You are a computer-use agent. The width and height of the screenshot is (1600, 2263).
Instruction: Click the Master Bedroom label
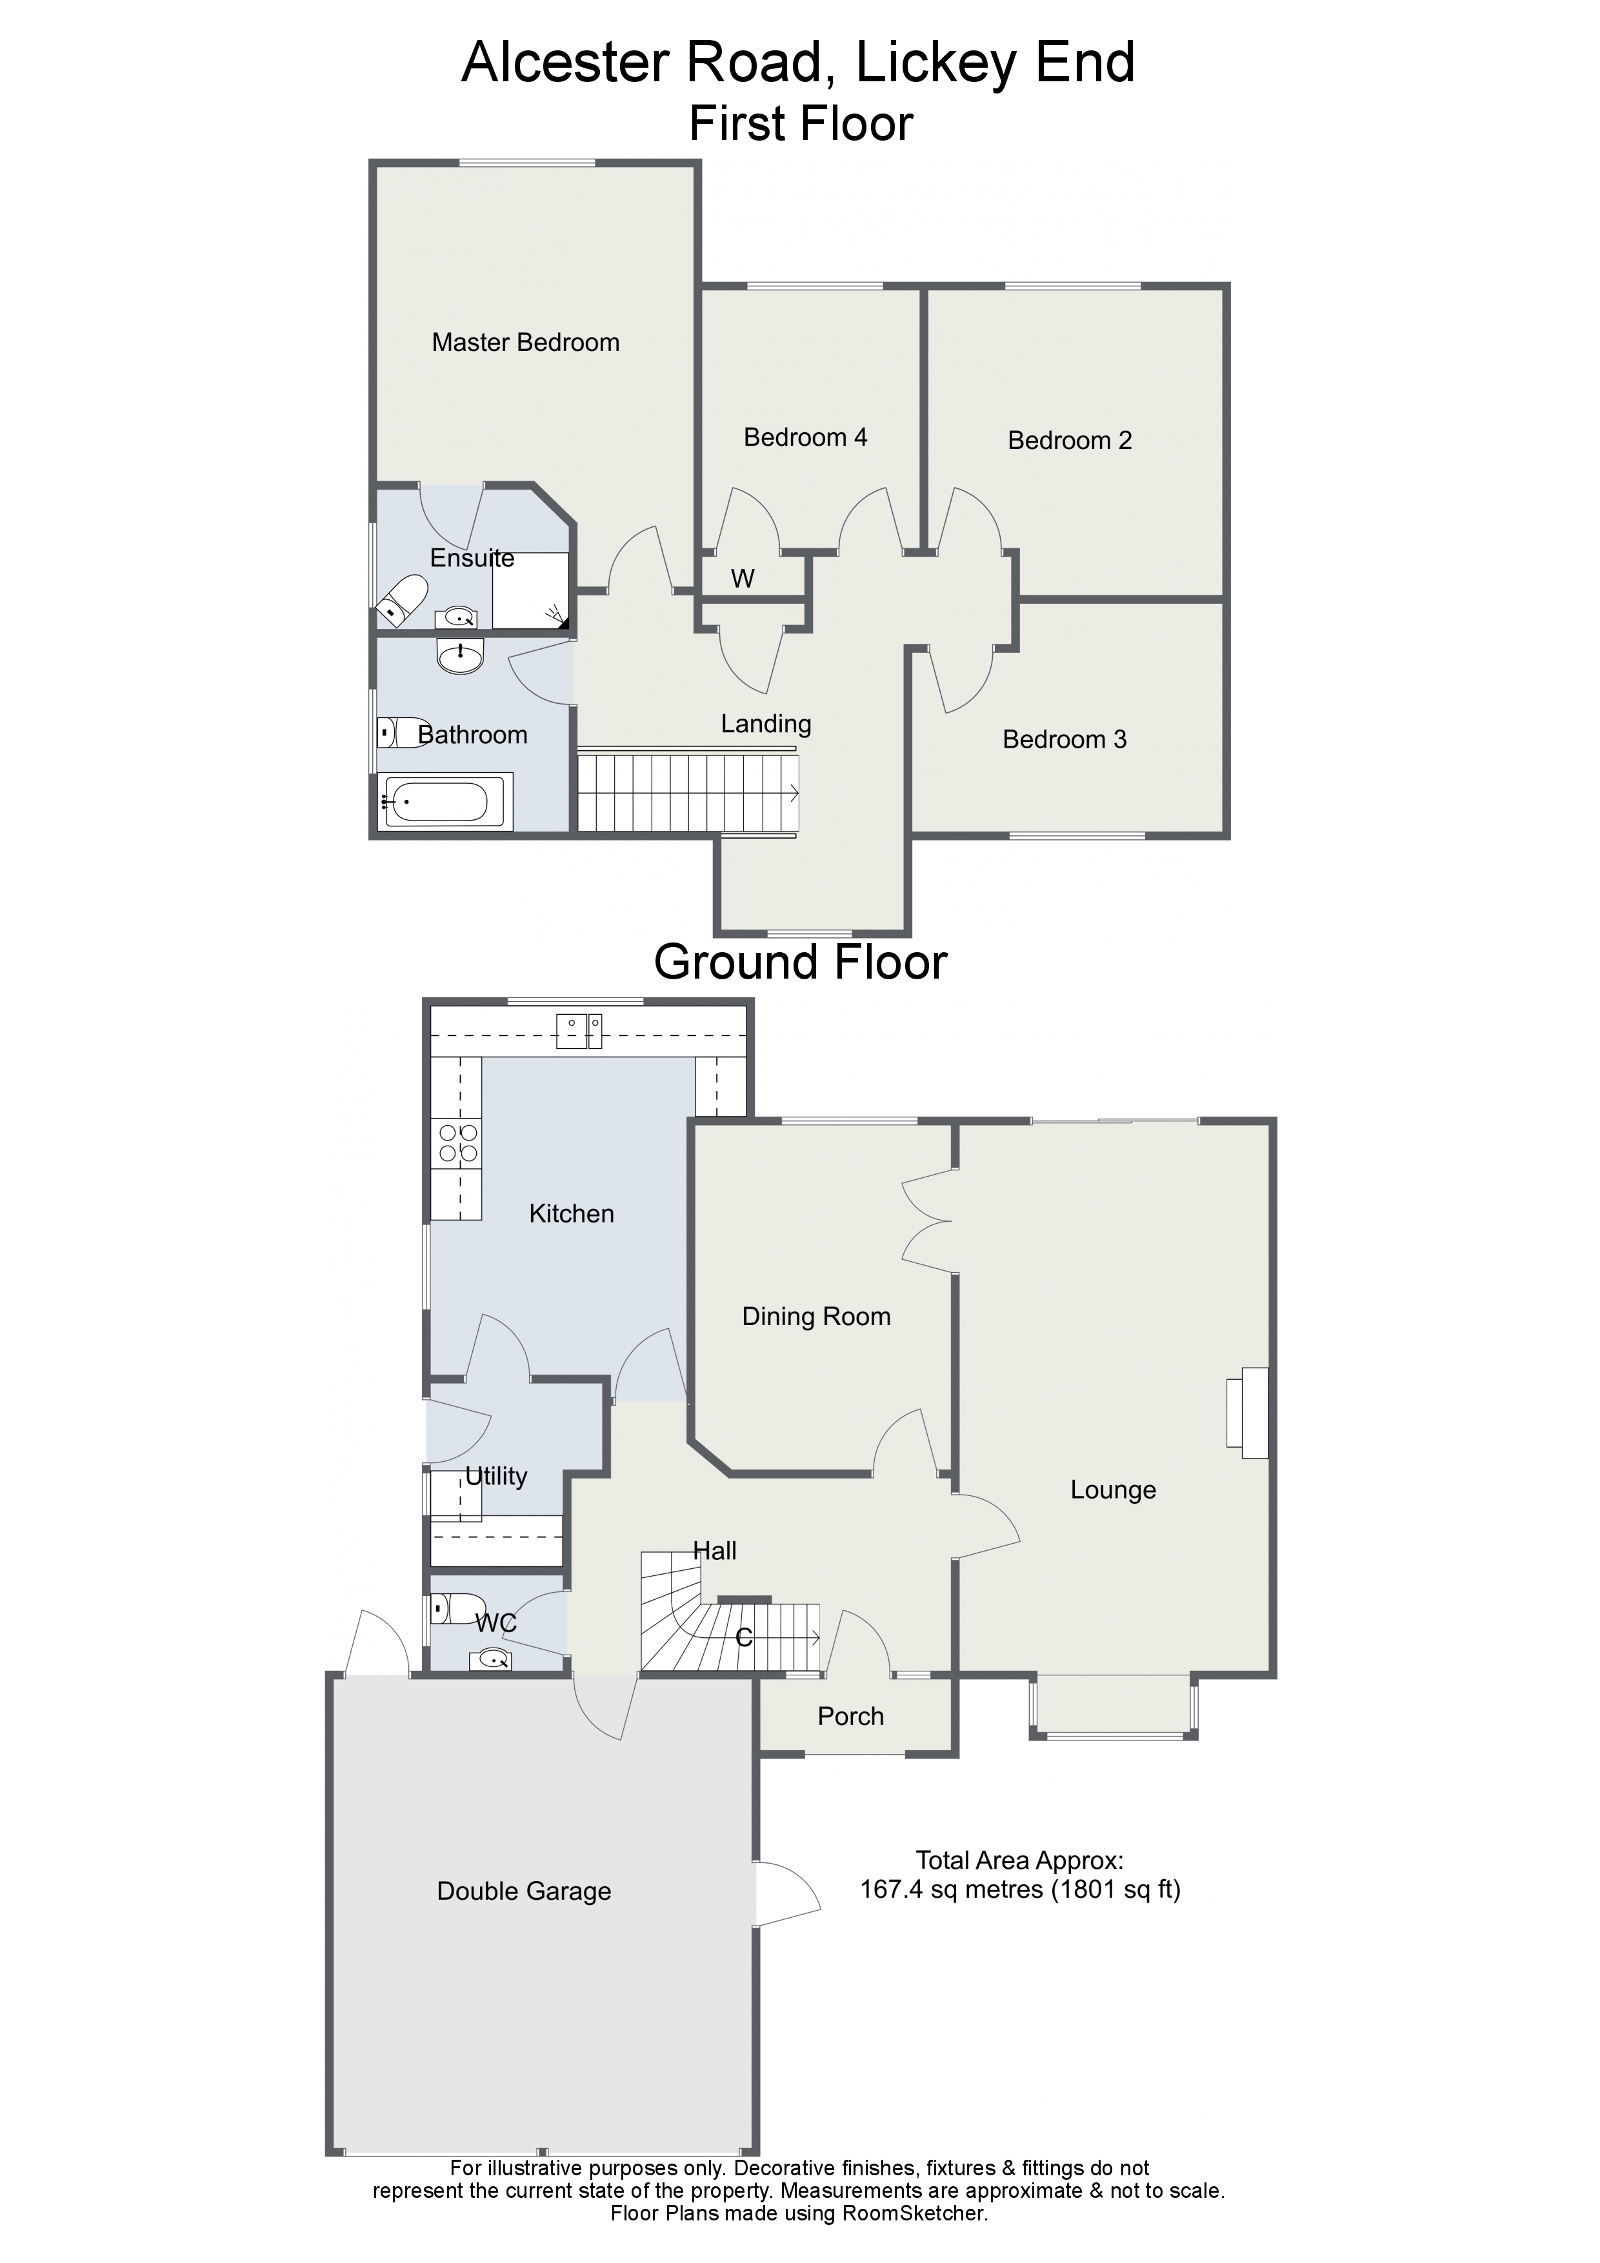tap(525, 343)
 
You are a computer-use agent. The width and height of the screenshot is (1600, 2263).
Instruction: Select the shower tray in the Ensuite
tap(530, 590)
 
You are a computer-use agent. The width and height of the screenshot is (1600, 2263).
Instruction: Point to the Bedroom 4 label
tap(805, 437)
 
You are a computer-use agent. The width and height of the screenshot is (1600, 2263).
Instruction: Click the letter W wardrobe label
tap(743, 579)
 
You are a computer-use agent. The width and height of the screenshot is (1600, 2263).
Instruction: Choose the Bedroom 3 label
tap(1064, 740)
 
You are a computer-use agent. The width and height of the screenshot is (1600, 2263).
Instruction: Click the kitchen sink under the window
tap(579, 1031)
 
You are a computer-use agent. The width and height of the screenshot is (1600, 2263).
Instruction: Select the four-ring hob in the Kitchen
tap(457, 1143)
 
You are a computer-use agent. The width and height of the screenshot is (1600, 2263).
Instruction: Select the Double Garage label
tap(523, 1891)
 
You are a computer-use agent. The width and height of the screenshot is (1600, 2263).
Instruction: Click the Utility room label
tap(496, 1477)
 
